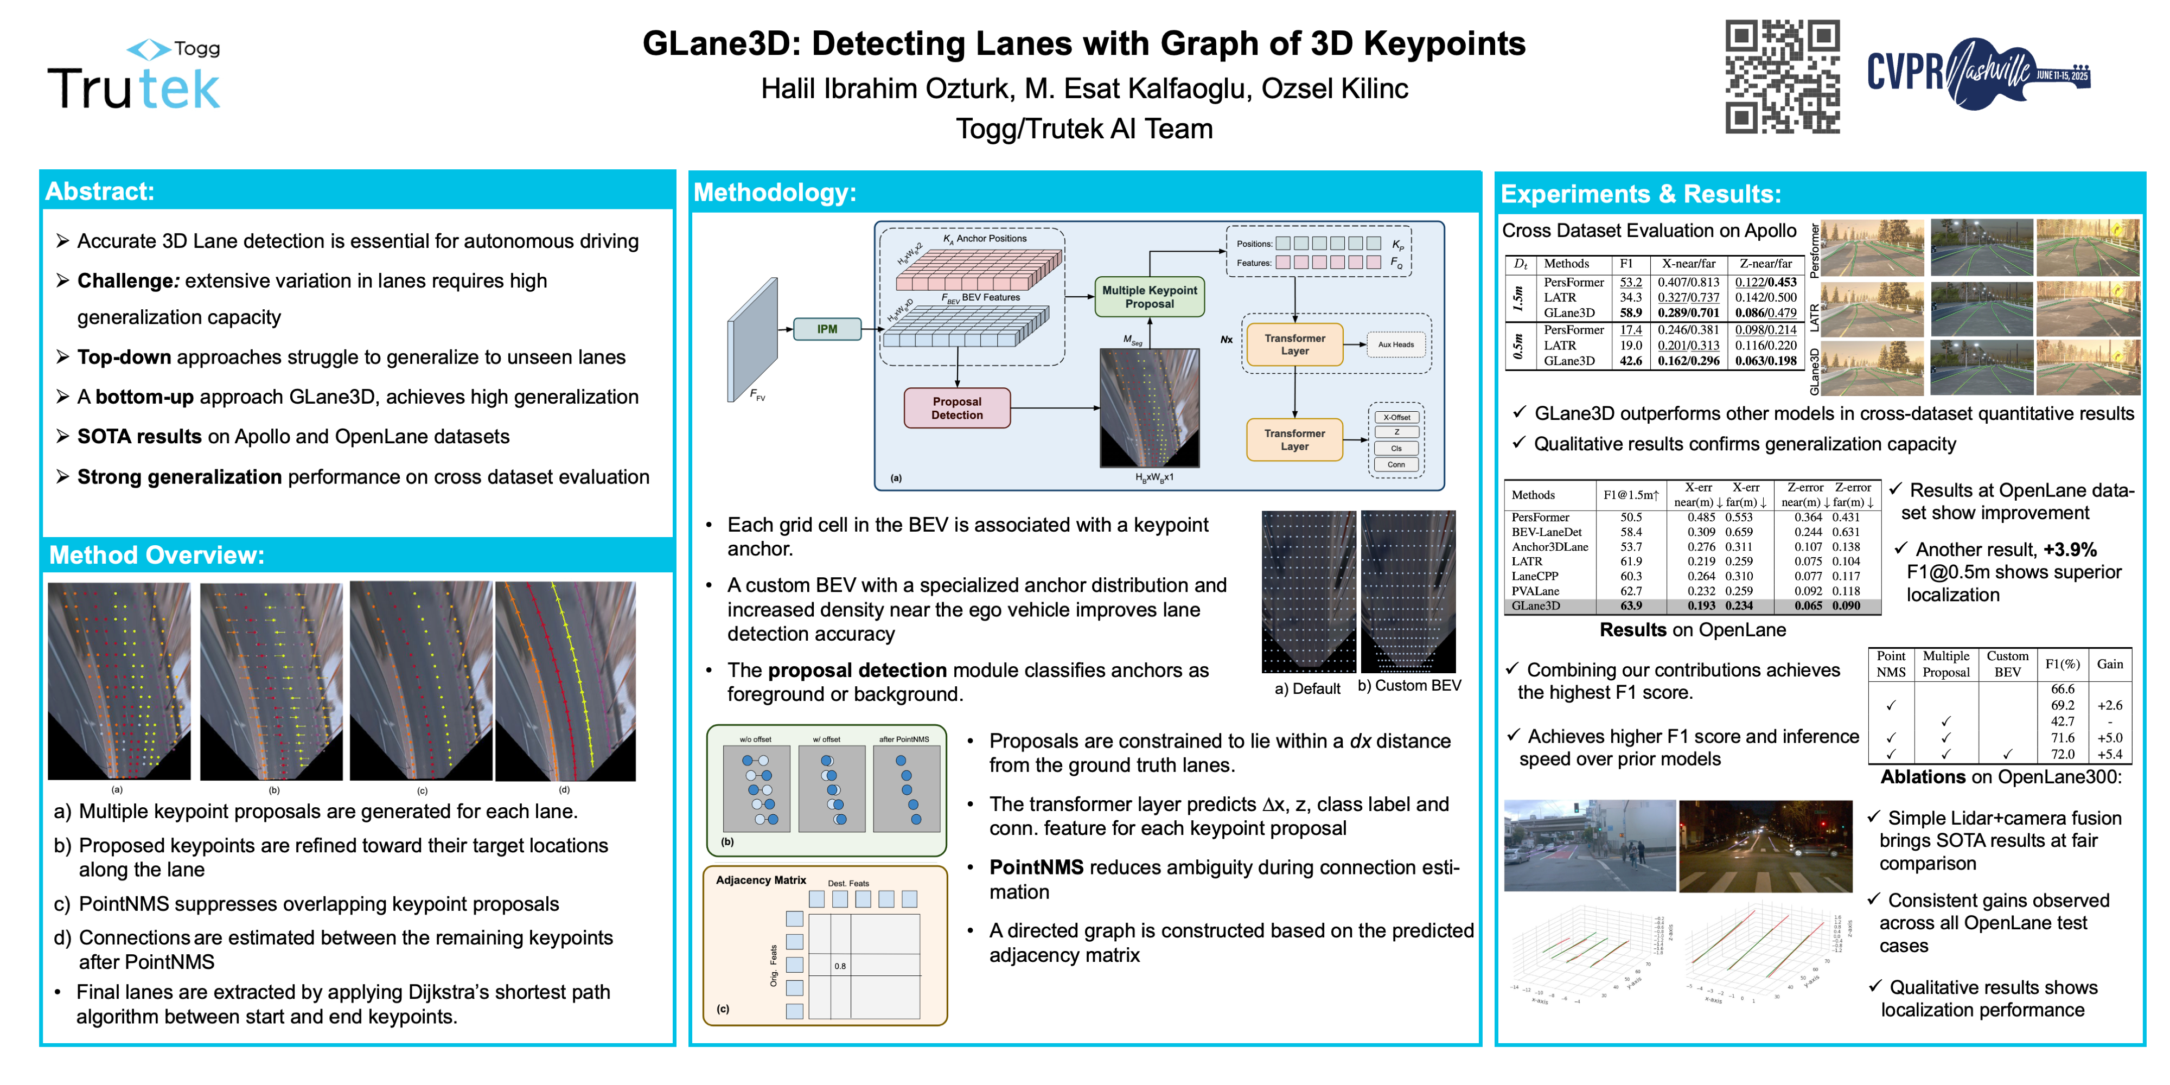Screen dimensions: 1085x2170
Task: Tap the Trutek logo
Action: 135,78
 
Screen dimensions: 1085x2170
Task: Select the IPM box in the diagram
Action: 826,329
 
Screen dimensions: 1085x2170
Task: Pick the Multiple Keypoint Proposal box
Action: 1149,297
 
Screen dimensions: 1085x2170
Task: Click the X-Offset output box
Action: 1396,418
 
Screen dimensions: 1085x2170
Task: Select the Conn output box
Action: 1396,464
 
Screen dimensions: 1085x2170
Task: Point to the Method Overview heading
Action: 157,555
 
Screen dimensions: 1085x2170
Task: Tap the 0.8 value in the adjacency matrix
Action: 840,966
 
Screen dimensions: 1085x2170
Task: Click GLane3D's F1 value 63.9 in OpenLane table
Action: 1631,605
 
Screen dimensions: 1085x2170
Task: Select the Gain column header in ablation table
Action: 2109,664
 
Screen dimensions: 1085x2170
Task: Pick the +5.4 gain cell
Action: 2109,755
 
